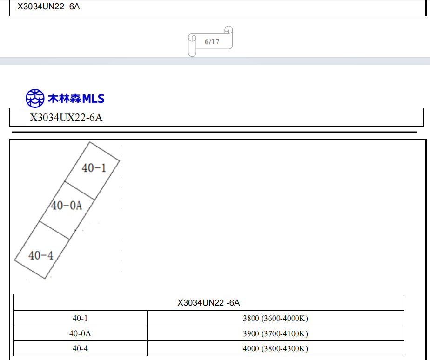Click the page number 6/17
coord(212,42)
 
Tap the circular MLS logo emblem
coord(35,98)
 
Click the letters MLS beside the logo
coord(93,99)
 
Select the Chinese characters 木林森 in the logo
coord(64,99)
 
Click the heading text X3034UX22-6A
coord(66,118)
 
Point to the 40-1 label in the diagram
coord(94,168)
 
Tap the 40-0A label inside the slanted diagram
coord(67,206)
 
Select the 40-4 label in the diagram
coord(41,255)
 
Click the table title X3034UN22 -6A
coord(208,303)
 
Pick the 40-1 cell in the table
coord(80,318)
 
